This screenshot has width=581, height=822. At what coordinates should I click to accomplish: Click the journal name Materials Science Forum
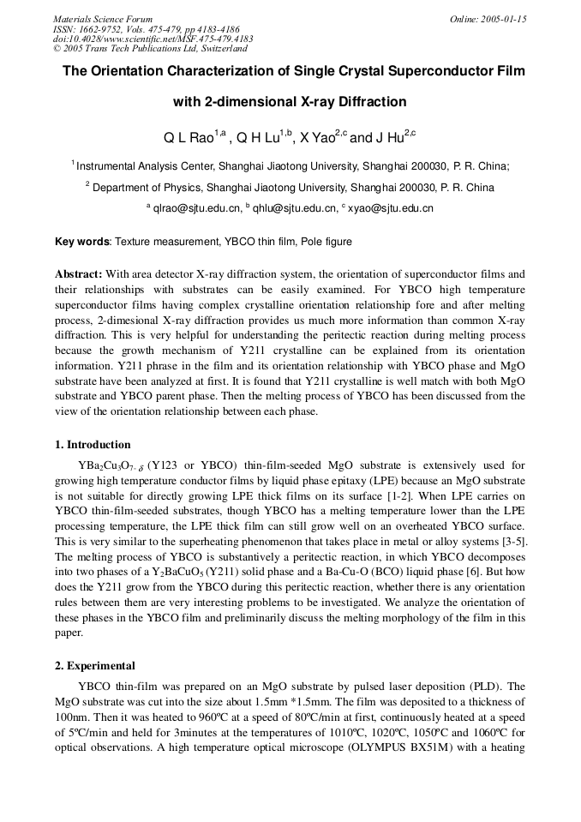click(x=103, y=19)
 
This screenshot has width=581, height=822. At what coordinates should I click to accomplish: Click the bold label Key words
click(x=82, y=243)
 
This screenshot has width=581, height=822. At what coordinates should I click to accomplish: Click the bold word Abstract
click(x=79, y=275)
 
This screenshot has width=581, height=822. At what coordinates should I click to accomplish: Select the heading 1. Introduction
click(x=93, y=445)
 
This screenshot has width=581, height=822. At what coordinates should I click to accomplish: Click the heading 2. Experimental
click(x=95, y=666)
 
